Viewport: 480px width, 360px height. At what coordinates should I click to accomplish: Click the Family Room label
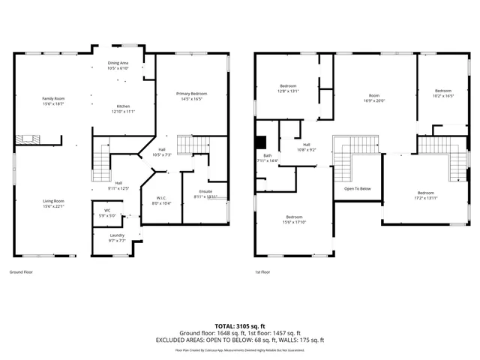(52, 98)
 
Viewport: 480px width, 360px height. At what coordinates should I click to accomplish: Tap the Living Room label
(52, 200)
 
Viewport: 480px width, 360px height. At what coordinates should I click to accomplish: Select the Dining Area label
(118, 63)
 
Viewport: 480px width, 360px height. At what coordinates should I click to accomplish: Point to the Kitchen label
(123, 106)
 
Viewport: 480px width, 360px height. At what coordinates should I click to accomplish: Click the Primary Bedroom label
(191, 93)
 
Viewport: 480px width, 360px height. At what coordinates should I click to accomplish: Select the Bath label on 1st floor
(267, 156)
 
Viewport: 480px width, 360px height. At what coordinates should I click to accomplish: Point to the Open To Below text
(358, 188)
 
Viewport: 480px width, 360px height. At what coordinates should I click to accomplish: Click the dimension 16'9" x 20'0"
(373, 100)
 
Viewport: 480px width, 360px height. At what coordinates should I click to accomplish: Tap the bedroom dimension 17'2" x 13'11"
(425, 197)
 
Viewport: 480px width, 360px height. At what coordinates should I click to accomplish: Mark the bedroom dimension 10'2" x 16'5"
(444, 95)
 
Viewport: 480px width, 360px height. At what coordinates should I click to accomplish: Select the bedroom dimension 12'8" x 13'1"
(289, 91)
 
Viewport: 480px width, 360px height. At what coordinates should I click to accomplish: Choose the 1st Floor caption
(262, 271)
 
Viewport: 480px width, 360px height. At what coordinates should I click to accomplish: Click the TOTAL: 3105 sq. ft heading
(239, 325)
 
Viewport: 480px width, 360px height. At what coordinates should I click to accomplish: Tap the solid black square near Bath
(260, 142)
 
